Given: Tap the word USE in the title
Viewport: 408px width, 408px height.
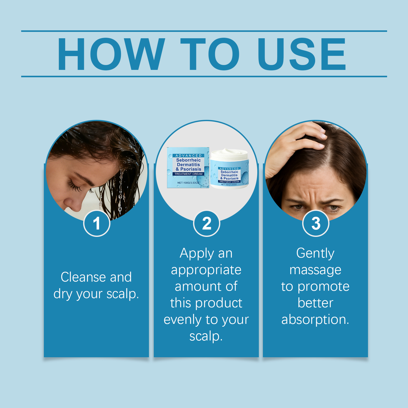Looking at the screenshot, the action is pos(302,54).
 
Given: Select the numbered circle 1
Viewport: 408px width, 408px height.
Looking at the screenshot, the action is pos(97,223).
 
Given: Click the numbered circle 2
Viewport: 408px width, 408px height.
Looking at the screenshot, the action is pos(207,223).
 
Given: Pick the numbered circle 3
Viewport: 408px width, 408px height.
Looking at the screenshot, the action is pos(316,223).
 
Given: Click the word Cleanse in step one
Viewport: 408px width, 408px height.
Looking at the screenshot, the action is pos(83,277).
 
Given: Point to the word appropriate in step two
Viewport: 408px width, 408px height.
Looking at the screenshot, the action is pos(206,270).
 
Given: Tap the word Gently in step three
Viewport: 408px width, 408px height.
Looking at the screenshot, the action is pos(315,254).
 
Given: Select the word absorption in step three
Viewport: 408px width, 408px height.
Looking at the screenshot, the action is pos(315,320).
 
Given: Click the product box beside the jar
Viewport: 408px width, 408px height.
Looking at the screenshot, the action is pos(188,168).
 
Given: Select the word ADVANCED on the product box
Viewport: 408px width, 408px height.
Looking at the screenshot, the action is pos(188,156).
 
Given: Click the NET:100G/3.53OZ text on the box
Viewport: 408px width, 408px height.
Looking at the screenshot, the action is pos(188,183).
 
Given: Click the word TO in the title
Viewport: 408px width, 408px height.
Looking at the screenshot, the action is pos(210,54).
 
